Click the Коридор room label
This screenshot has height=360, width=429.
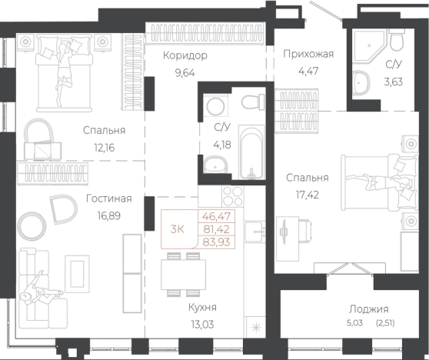click(x=185, y=55)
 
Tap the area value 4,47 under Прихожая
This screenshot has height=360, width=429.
click(x=308, y=72)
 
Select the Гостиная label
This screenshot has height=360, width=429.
click(x=109, y=198)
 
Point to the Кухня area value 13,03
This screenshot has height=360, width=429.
click(x=203, y=325)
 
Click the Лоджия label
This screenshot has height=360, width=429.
click(x=369, y=309)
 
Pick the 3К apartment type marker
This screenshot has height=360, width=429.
click(x=178, y=229)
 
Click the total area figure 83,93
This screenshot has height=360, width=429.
click(x=216, y=242)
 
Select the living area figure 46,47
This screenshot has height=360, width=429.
click(x=216, y=216)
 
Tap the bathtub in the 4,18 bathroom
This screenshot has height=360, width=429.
click(x=251, y=152)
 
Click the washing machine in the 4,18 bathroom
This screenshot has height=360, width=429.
click(x=215, y=106)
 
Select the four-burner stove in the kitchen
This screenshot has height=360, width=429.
click(x=232, y=196)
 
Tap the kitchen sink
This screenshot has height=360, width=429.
click(x=255, y=232)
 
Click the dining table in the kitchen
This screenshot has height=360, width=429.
click(x=183, y=275)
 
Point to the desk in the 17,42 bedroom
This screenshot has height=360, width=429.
click(x=288, y=238)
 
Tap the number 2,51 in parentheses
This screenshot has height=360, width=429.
click(x=385, y=323)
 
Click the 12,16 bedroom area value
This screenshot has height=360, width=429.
click(x=105, y=148)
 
